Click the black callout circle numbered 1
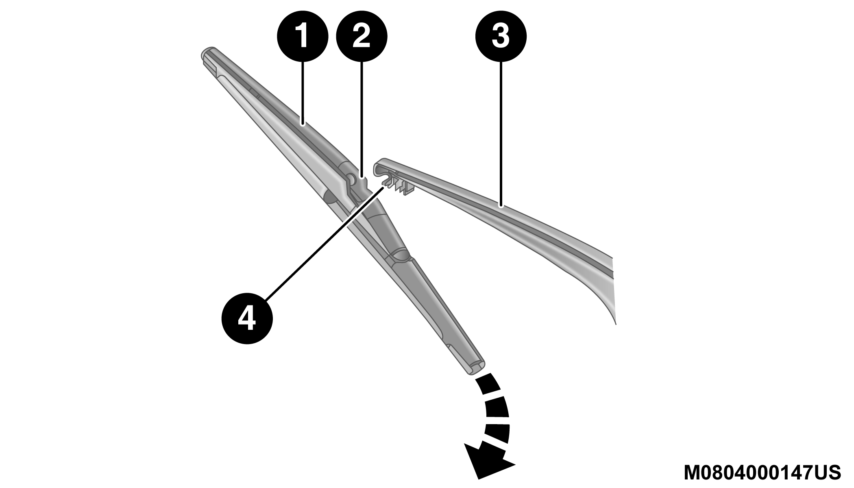point(303,37)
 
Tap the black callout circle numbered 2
point(362,37)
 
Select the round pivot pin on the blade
point(351,178)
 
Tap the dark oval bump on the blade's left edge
point(329,198)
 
